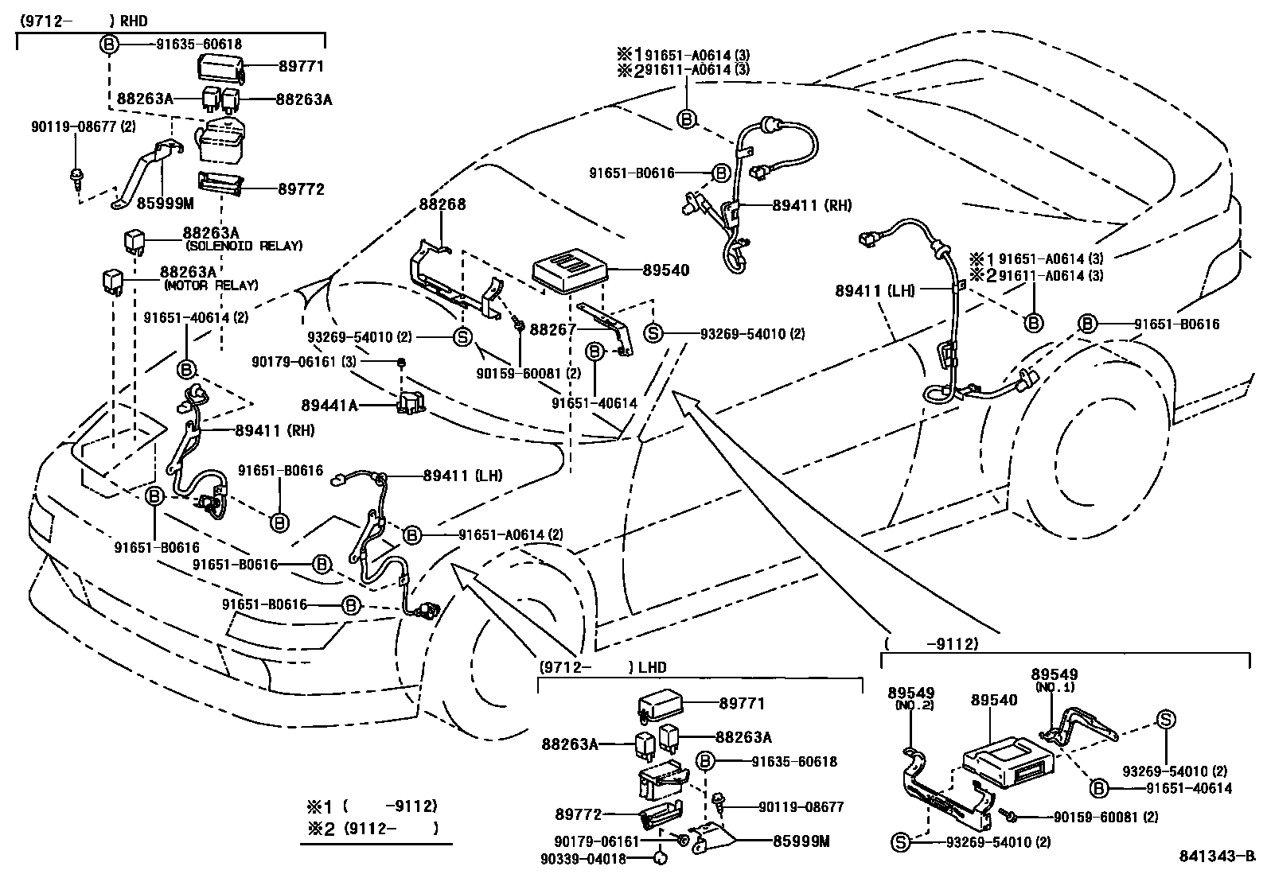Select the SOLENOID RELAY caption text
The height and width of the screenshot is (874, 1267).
click(x=243, y=247)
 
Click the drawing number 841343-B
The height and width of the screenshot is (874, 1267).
click(x=1216, y=857)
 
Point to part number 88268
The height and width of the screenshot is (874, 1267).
click(x=442, y=204)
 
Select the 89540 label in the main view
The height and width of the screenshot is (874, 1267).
click(x=666, y=270)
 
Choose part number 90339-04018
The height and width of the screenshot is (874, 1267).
click(x=590, y=858)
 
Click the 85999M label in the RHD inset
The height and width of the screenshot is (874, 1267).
click(x=166, y=203)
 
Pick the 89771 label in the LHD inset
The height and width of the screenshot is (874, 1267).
click(x=742, y=704)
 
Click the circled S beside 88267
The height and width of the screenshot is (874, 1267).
click(x=653, y=333)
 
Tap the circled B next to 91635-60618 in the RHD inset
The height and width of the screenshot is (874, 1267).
click(x=109, y=45)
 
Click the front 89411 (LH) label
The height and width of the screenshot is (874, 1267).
click(x=462, y=476)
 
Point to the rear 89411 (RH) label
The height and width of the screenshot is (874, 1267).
click(x=812, y=205)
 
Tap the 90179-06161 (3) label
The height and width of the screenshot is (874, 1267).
click(x=304, y=362)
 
